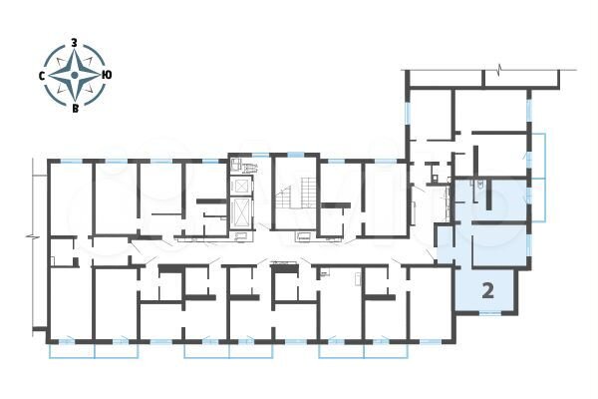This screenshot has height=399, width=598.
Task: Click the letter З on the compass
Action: (75, 44)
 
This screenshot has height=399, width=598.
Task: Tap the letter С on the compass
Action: (42, 76)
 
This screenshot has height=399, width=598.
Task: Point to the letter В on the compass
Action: (75, 109)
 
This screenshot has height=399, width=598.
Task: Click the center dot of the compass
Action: (75, 76)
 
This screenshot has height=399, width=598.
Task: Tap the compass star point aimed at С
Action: (54, 76)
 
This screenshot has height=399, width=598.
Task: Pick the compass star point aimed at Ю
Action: (96, 76)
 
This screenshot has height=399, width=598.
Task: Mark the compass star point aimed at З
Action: (75, 55)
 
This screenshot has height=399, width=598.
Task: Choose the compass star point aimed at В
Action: (75, 97)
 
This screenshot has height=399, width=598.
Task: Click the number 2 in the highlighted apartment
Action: (488, 291)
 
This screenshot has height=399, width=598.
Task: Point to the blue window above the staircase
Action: (295, 153)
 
